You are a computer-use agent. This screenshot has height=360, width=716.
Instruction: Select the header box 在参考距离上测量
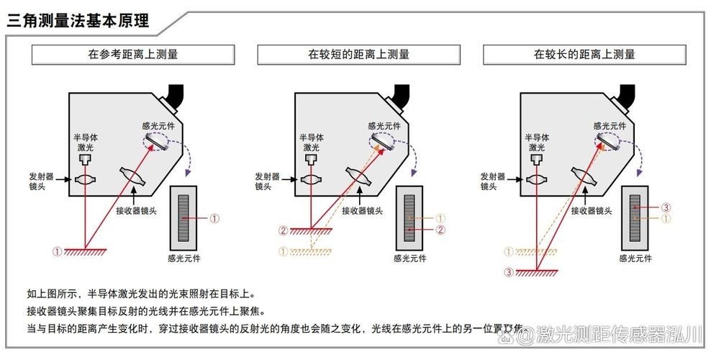(x=133, y=54)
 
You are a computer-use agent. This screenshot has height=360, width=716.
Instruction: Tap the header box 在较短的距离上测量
(x=359, y=54)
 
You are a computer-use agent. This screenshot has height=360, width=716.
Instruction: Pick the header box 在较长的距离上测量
(x=584, y=54)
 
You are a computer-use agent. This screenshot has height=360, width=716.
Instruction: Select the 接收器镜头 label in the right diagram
(x=592, y=211)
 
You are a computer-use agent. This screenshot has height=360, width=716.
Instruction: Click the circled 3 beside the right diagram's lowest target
(x=509, y=272)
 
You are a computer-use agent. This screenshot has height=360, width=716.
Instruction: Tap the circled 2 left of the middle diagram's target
(x=283, y=230)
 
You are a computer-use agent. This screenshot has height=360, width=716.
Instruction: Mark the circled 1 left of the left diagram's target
(x=57, y=251)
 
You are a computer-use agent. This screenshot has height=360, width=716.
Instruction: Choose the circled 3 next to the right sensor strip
(x=666, y=208)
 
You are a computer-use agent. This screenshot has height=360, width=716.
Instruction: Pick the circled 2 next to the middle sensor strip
(x=441, y=230)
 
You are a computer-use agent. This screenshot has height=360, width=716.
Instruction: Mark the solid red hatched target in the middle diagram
(x=311, y=230)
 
